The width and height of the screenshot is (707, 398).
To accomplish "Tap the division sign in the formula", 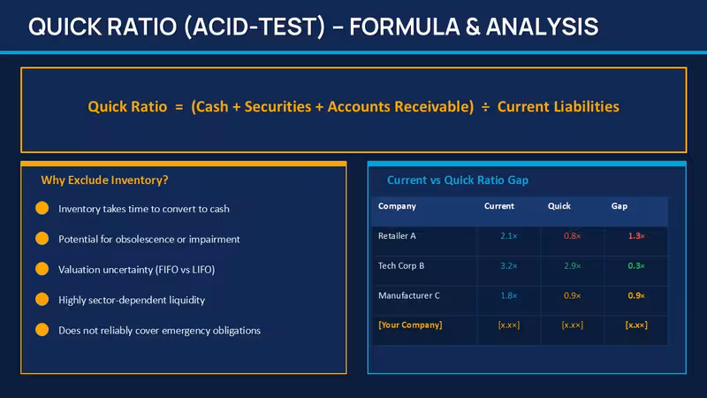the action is tap(485, 107).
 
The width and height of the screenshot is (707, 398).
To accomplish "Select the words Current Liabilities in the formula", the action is tap(559, 106).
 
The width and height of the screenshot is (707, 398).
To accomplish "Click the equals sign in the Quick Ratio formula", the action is tap(179, 107).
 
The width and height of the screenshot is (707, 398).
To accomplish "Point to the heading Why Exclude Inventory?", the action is tap(104, 180).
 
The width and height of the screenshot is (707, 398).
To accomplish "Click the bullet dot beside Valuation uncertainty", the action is tap(42, 269).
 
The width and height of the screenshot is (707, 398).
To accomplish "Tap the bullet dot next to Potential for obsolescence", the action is tap(42, 238).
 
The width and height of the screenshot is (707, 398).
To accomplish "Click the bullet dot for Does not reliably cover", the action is tap(42, 330).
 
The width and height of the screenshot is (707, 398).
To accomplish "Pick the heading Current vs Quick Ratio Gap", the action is tap(458, 180).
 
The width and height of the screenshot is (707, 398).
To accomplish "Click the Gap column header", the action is tap(620, 206).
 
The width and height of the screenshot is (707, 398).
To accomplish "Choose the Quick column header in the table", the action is tap(559, 206).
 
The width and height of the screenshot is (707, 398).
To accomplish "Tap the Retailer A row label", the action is tap(397, 236).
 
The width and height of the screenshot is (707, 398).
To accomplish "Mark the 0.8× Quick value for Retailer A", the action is tap(572, 236).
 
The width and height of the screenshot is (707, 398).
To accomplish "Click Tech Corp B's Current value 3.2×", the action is tap(509, 266).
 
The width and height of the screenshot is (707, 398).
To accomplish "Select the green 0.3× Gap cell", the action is tap(636, 266).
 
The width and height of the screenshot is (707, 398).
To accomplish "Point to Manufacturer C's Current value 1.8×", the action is tap(509, 295).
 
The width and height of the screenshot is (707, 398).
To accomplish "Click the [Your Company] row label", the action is tap(410, 325).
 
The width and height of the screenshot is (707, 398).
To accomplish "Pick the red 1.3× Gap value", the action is tap(636, 236).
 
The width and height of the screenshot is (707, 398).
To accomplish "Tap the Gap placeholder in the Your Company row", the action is tap(636, 325).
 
